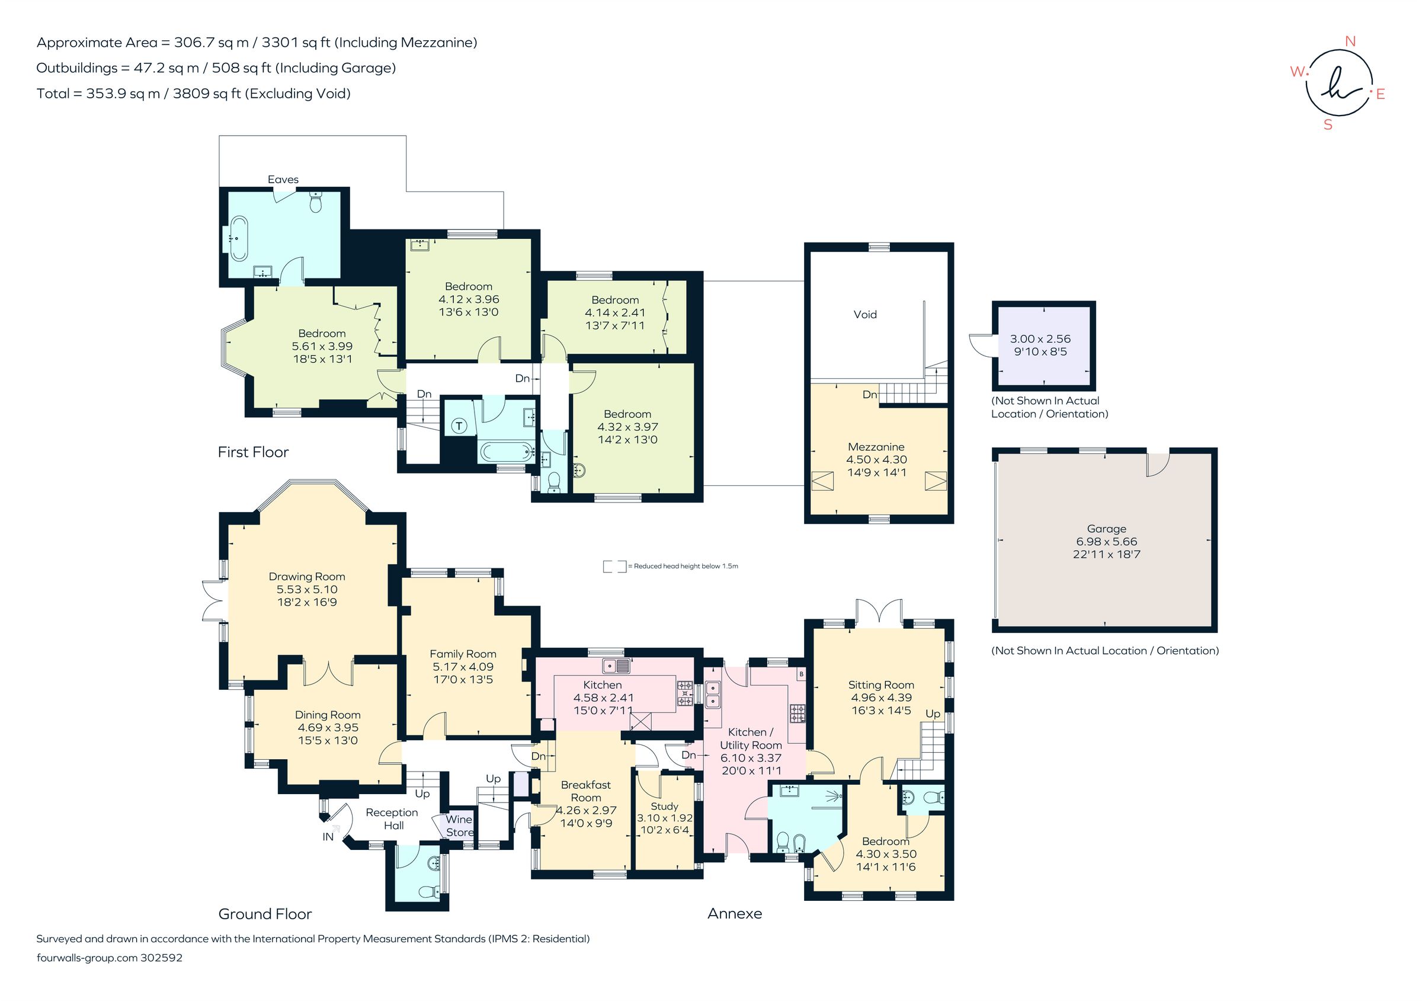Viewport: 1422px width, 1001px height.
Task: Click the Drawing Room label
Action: pyautogui.click(x=306, y=577)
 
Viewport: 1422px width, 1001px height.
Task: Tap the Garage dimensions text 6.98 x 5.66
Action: pyautogui.click(x=1106, y=541)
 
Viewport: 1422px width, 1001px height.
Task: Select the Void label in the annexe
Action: pyautogui.click(x=864, y=315)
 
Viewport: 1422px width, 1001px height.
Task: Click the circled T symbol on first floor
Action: pyautogui.click(x=459, y=426)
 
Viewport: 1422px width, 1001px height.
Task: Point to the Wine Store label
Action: pyautogui.click(x=459, y=826)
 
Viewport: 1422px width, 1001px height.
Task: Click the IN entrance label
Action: pyautogui.click(x=328, y=837)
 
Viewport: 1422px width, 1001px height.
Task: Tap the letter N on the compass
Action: pyautogui.click(x=1351, y=41)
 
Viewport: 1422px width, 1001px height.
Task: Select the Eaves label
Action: pyautogui.click(x=283, y=180)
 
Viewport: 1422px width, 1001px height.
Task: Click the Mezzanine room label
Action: pyautogui.click(x=876, y=447)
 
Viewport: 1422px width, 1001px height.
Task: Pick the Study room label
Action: pyautogui.click(x=664, y=807)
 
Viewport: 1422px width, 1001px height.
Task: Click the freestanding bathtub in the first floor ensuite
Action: pyautogui.click(x=238, y=238)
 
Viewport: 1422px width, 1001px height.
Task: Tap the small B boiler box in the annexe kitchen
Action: pyautogui.click(x=801, y=674)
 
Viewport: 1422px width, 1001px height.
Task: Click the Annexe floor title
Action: pyautogui.click(x=735, y=914)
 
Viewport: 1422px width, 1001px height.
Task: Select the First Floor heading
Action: pyautogui.click(x=252, y=452)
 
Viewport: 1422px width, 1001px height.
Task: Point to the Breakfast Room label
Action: pyautogui.click(x=585, y=791)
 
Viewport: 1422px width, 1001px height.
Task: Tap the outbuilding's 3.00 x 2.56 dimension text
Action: pyautogui.click(x=1040, y=339)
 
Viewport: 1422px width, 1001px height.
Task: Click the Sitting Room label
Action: pyautogui.click(x=880, y=685)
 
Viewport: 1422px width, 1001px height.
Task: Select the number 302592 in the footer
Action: pyautogui.click(x=162, y=958)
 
